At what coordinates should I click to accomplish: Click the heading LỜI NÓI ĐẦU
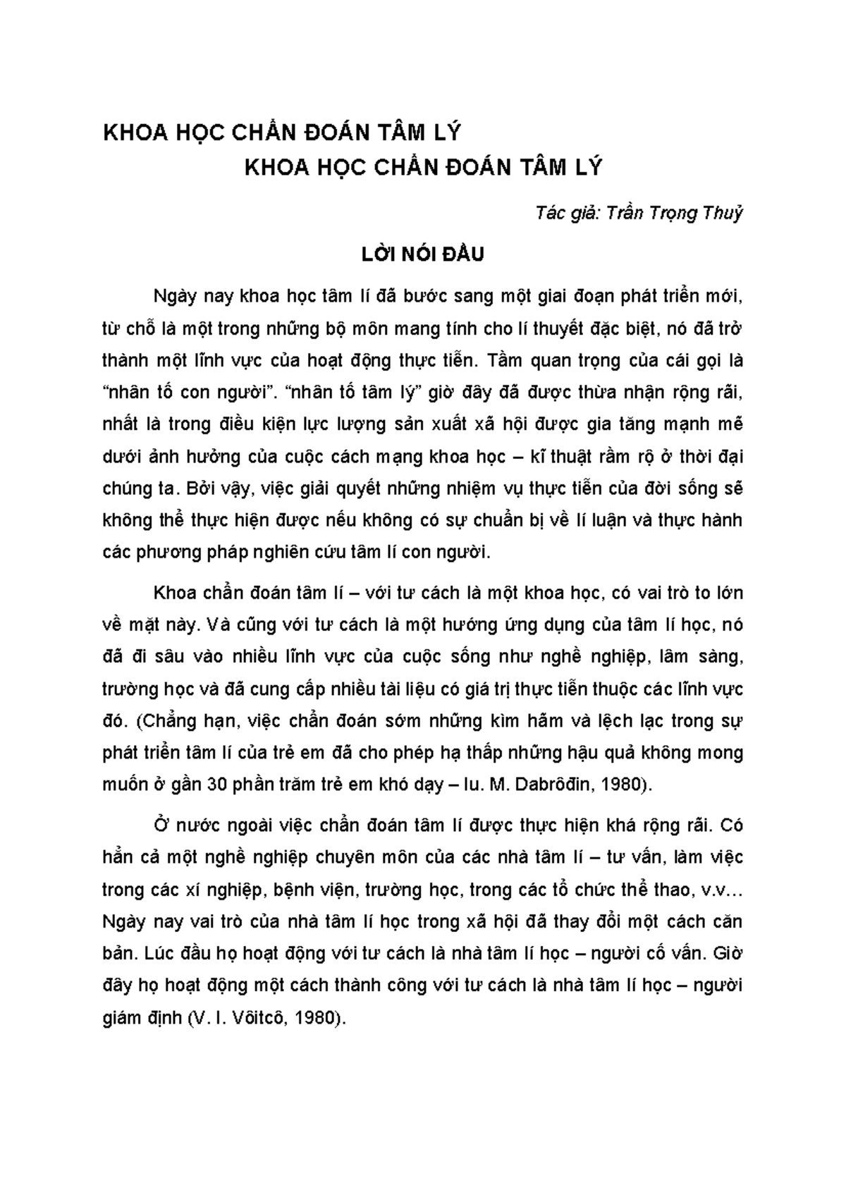click(x=422, y=254)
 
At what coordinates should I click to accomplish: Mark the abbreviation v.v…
click(x=723, y=890)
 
